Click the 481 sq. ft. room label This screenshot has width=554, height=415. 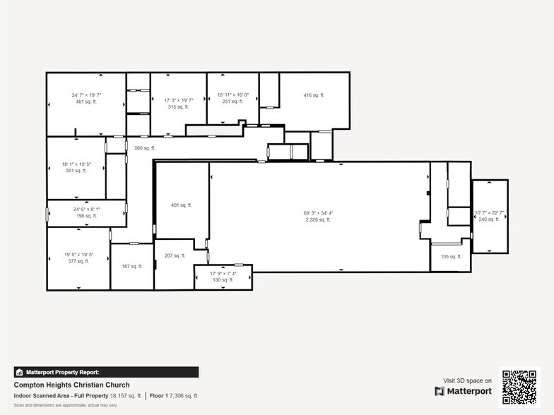pos(86,102)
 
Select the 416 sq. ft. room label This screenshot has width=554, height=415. pos(314,95)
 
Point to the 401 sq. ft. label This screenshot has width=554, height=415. pos(181,205)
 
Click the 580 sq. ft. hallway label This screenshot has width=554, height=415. pos(145,148)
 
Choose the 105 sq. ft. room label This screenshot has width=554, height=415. pos(450,257)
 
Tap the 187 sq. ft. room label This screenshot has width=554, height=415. pos(132,266)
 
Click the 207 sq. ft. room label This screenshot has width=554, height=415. pos(175,255)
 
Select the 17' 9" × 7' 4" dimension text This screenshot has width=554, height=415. pos(223,273)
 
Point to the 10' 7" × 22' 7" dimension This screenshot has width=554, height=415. pos(489,212)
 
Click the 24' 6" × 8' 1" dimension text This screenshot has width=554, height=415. pos(86,209)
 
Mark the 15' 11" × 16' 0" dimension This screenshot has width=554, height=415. pos(232,95)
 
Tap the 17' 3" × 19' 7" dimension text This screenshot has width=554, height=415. pos(178,100)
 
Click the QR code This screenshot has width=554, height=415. pos(519,387)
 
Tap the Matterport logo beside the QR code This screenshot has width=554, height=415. pos(463,391)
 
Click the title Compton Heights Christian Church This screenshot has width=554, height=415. pos(71,385)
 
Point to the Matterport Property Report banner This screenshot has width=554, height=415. pos(106,372)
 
